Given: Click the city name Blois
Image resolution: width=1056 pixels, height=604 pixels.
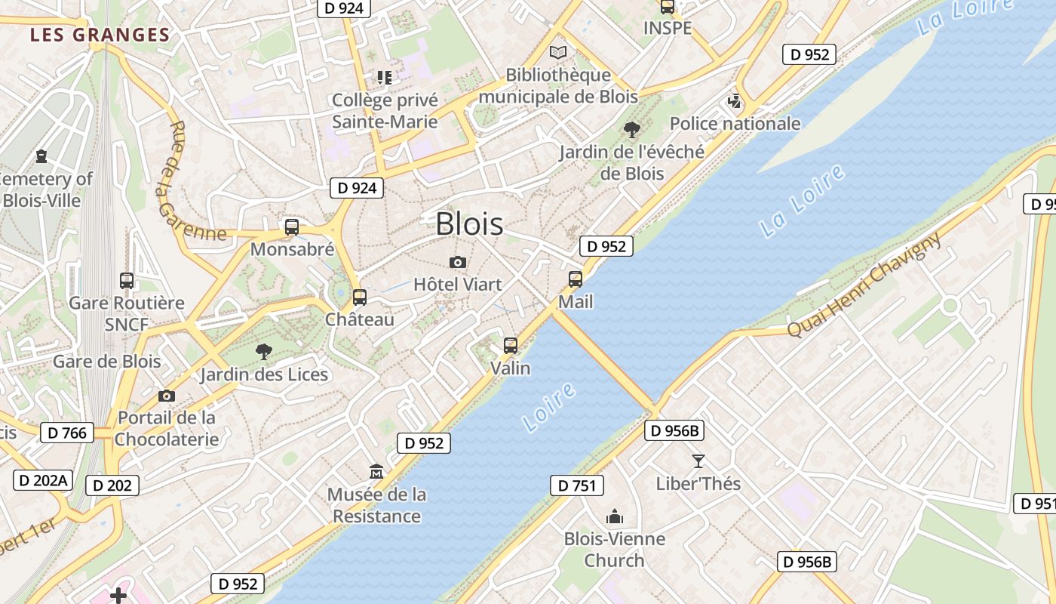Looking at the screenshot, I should tap(469, 223).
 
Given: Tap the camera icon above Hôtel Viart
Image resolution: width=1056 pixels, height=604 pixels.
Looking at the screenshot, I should tap(457, 263).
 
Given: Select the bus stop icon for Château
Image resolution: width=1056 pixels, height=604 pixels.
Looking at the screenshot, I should tap(360, 297).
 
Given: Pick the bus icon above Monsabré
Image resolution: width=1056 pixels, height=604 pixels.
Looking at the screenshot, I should tap(292, 226).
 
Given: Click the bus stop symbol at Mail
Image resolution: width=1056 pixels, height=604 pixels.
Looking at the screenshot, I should tap(576, 279).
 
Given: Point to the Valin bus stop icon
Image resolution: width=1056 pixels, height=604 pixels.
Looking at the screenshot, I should tap(511, 346).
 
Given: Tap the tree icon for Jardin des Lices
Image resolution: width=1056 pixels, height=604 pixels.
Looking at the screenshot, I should tap(263, 351).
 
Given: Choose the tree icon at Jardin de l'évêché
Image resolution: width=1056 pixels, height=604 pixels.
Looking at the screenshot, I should tap(632, 130).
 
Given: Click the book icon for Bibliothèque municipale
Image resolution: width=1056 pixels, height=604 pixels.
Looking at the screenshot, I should tap(558, 52).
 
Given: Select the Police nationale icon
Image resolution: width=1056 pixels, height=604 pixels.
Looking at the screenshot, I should tap(735, 100).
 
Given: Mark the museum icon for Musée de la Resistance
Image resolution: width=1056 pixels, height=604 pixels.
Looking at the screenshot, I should tap(376, 472).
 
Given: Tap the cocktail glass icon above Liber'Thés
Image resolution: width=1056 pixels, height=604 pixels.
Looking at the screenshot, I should tap(698, 461).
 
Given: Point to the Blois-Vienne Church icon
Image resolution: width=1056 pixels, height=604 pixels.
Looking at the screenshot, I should tap(615, 516).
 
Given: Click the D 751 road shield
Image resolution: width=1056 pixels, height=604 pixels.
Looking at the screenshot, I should tap(577, 485).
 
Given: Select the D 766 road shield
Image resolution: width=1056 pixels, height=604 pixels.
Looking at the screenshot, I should tap(67, 433).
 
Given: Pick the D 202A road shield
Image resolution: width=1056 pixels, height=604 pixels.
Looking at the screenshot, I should tap(43, 480).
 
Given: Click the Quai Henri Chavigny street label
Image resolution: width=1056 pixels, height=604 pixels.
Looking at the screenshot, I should tap(864, 285).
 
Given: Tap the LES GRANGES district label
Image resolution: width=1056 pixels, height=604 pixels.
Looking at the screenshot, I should tap(100, 35).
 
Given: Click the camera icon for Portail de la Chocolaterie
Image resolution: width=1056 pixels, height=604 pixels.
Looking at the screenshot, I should tap(167, 396).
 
